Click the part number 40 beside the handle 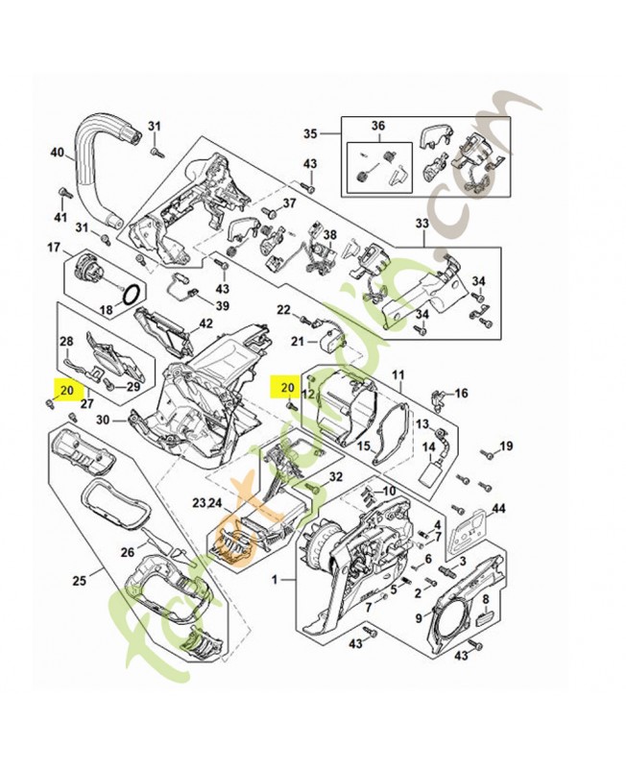(x=57, y=152)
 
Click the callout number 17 (x=54, y=248)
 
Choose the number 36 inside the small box (x=376, y=127)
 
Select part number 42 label (x=205, y=324)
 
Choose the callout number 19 (x=506, y=445)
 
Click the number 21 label (x=298, y=341)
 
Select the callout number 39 (x=222, y=306)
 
